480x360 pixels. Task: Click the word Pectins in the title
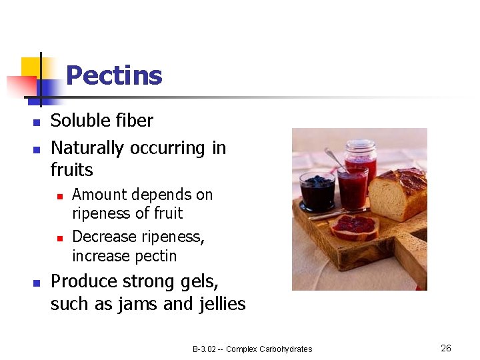[x=114, y=75]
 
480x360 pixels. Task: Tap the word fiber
[x=131, y=121]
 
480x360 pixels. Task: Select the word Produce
[x=81, y=282]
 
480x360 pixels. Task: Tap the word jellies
[x=223, y=305]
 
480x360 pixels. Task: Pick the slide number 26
[x=446, y=348]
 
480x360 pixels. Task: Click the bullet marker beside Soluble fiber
[x=37, y=122]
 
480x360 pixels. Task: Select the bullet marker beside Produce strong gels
[x=37, y=283]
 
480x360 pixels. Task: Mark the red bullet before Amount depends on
[x=59, y=196]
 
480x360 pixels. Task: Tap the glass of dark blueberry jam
[x=317, y=191]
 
